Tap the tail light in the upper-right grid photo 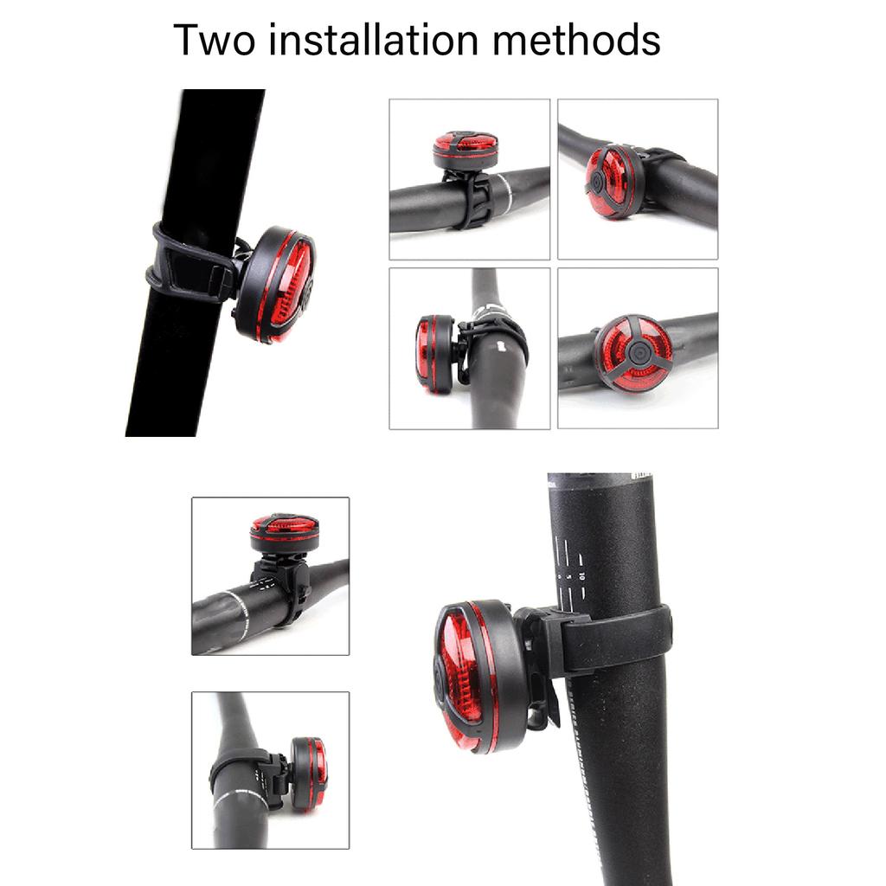tap(614, 181)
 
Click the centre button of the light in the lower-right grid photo tap(637, 353)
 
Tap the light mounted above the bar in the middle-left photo tap(284, 533)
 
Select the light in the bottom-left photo tap(308, 773)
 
